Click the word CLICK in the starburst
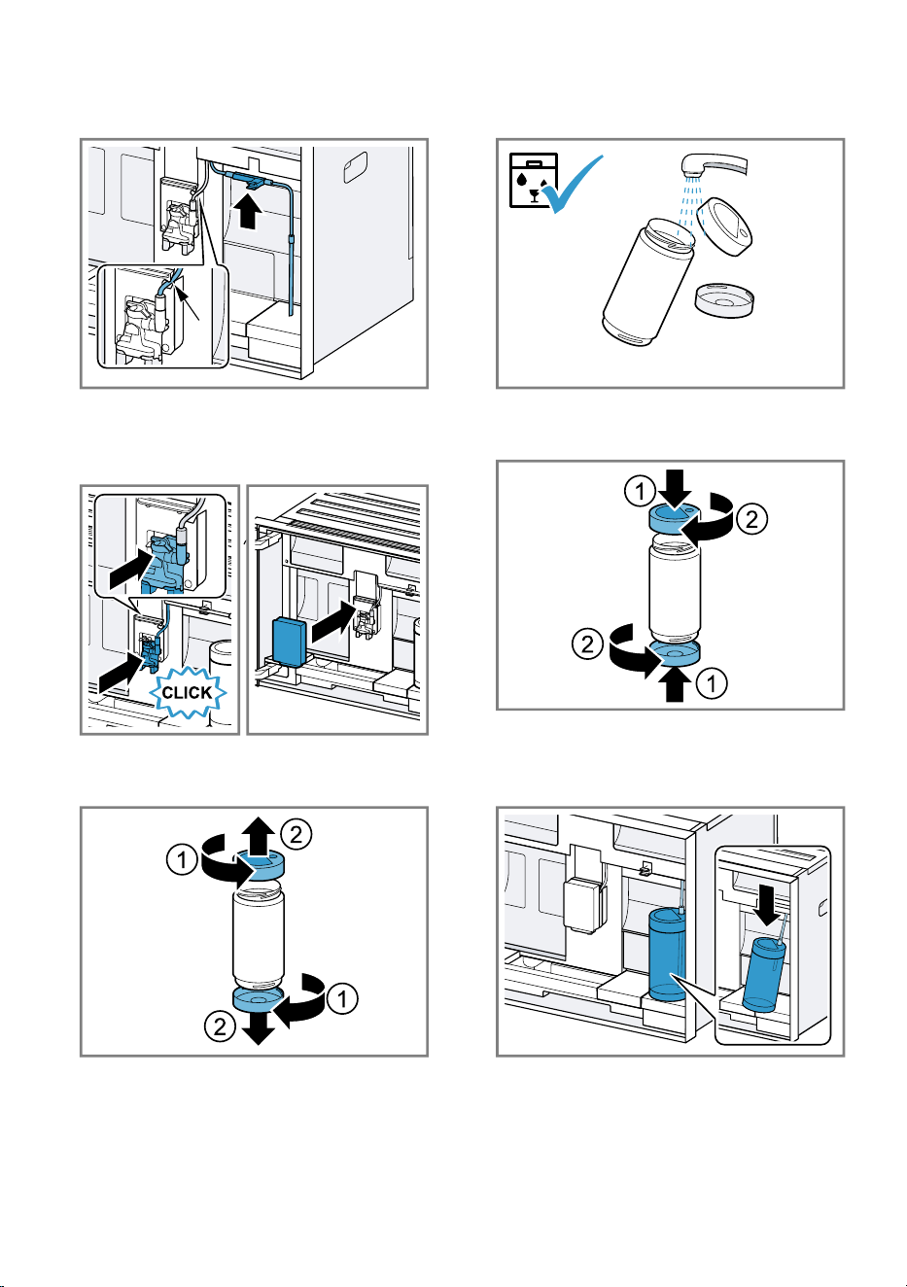[x=187, y=692]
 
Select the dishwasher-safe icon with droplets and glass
[x=534, y=180]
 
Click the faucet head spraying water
[x=714, y=165]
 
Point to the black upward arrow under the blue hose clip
[x=248, y=211]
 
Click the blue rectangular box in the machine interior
[x=291, y=642]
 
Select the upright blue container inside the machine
[x=667, y=955]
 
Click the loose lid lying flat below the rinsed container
[x=723, y=299]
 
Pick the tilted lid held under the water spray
[x=724, y=226]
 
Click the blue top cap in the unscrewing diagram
[x=260, y=866]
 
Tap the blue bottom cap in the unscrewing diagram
[x=258, y=1000]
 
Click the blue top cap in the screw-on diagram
[x=675, y=516]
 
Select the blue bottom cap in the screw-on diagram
[x=676, y=652]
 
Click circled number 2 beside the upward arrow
[x=296, y=834]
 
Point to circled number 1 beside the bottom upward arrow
[x=712, y=683]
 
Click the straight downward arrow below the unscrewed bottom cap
[x=258, y=1027]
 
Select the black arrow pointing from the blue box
[x=334, y=624]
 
